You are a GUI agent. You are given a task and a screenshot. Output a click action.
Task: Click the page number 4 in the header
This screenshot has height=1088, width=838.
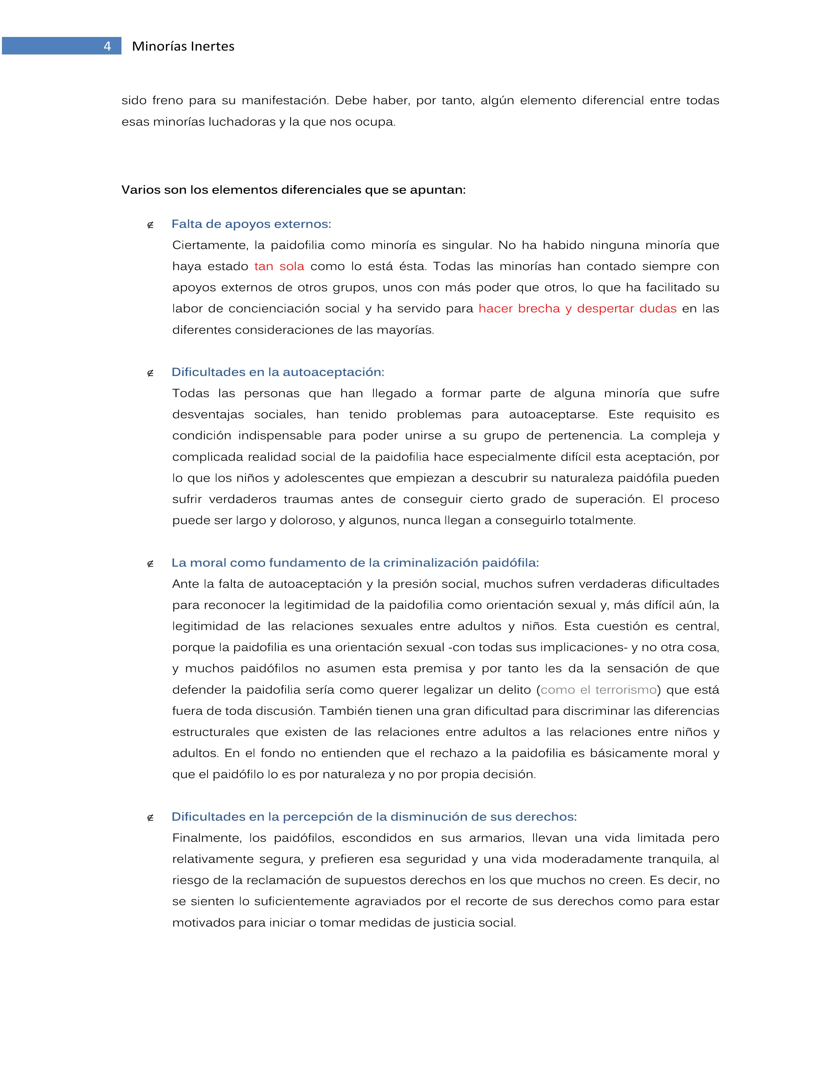pos(107,46)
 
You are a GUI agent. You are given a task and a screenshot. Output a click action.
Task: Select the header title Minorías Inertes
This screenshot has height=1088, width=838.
pos(183,46)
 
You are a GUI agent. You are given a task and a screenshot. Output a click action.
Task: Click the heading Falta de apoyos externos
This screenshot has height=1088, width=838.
pos(251,224)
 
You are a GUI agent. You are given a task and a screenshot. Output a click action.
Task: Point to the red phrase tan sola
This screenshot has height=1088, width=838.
pos(279,267)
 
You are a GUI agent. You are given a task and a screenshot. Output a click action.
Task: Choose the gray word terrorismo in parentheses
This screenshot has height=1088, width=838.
pos(626,690)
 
